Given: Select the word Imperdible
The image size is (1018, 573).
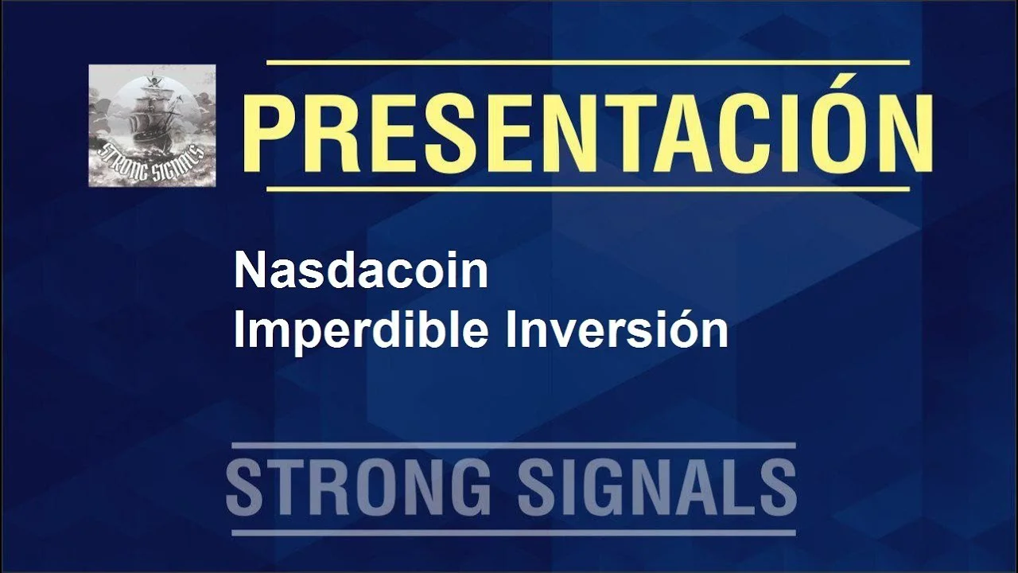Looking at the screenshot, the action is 361,329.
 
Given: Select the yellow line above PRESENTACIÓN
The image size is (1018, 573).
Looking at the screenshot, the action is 588,63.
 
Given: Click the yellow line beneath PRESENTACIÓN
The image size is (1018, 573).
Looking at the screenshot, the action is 588,189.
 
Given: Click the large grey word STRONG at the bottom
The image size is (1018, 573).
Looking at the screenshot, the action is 359,488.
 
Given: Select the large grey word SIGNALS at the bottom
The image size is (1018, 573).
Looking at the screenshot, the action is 657,488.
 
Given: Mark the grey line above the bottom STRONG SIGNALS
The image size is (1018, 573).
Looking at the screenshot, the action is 514,446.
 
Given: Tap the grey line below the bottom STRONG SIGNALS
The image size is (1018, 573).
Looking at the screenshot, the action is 514,532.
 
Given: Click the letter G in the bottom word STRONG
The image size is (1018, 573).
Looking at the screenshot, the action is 468,488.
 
